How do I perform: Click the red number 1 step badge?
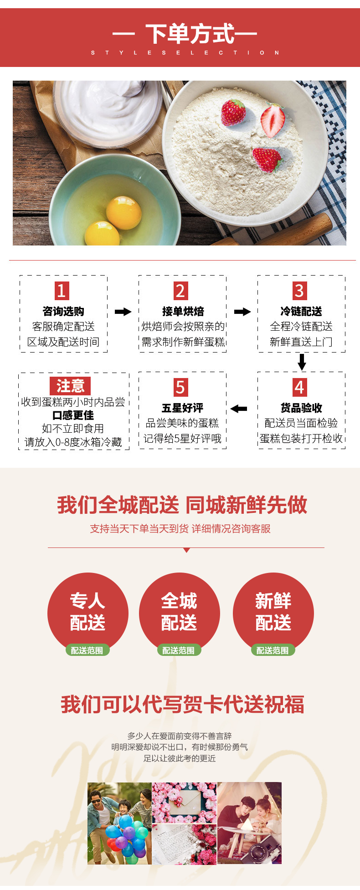(x=62, y=291)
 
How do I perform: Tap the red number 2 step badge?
(x=180, y=291)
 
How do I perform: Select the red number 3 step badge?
(x=299, y=291)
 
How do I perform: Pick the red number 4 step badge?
(x=299, y=387)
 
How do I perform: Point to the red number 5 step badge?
(x=180, y=387)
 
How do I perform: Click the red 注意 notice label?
(x=70, y=386)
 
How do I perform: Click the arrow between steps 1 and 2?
(x=123, y=312)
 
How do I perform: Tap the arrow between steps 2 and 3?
(x=242, y=312)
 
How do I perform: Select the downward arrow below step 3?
(x=302, y=362)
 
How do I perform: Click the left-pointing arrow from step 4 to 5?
(x=239, y=409)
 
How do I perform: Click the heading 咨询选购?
(x=63, y=311)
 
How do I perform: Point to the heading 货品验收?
(x=301, y=408)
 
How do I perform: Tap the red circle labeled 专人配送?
(x=87, y=612)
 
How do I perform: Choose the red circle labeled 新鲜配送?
(x=273, y=612)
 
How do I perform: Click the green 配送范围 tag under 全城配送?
(x=179, y=650)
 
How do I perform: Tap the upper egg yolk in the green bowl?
(x=123, y=212)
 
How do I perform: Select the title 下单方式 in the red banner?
(x=190, y=34)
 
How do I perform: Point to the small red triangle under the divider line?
(x=186, y=550)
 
